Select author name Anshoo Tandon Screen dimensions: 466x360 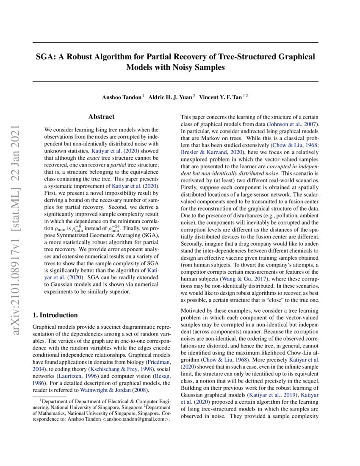tap(122, 97)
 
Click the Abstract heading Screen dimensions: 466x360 tap(101, 116)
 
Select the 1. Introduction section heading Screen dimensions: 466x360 tap(55, 315)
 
